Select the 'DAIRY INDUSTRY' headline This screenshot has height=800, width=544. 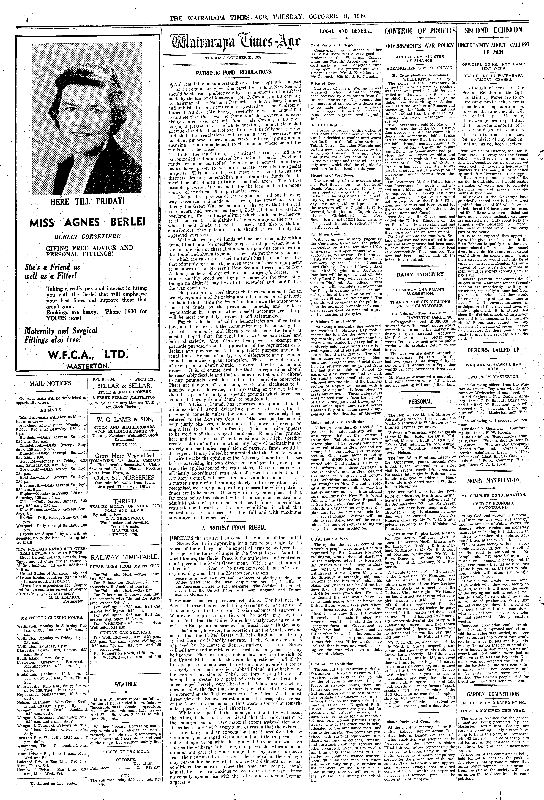(420, 274)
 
